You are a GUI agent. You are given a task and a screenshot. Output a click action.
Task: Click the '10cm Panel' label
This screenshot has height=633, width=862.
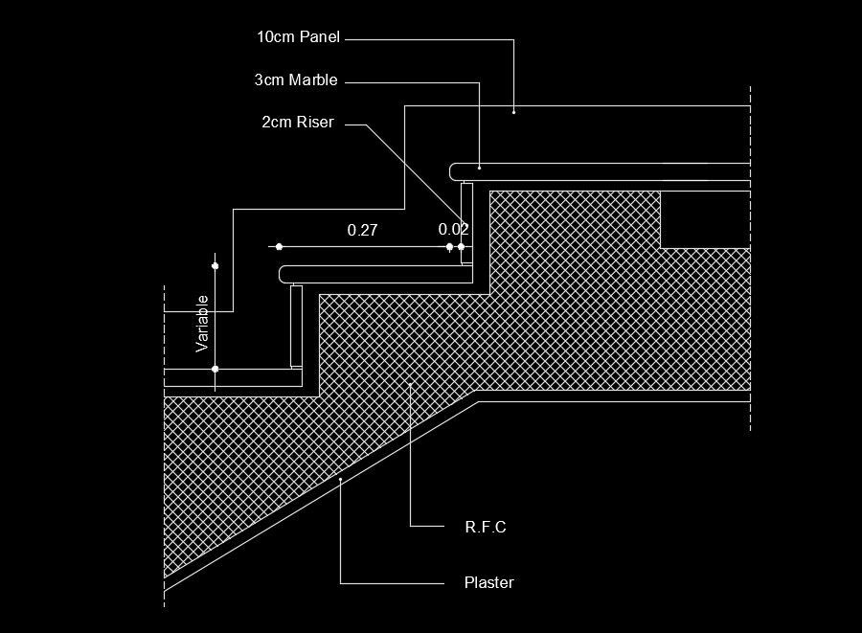click(298, 37)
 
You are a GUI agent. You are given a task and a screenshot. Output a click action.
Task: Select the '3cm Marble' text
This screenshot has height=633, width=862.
click(296, 80)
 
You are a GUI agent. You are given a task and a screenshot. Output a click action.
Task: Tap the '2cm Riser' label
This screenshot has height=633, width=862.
click(297, 123)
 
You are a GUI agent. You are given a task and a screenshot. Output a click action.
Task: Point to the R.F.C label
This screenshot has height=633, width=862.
click(485, 527)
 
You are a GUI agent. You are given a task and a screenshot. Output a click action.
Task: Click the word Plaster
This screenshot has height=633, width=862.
click(488, 582)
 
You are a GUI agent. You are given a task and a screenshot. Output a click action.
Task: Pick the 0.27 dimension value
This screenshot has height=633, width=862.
click(363, 230)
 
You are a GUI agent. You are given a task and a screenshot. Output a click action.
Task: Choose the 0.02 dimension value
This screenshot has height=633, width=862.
click(453, 230)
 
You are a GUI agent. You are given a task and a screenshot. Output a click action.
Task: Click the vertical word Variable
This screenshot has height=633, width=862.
click(202, 324)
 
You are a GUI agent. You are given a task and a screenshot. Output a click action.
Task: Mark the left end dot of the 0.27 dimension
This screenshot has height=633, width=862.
click(279, 247)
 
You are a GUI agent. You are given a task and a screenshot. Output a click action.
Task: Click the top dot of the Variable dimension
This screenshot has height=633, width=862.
click(215, 265)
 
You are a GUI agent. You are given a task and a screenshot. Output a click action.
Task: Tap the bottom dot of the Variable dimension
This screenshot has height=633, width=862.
click(215, 369)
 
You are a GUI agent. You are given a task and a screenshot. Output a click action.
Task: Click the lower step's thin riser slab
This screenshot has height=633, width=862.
click(296, 326)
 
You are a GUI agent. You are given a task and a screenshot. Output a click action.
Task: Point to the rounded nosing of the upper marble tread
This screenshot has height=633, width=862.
click(454, 171)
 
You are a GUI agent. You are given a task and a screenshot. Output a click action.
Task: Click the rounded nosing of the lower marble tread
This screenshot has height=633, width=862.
click(284, 274)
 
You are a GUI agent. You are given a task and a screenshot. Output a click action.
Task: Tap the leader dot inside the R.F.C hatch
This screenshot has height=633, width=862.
click(410, 384)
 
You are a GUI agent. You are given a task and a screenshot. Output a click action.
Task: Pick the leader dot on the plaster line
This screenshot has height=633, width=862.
click(341, 480)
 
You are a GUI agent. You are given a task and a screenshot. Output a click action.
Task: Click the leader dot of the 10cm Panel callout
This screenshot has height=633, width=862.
click(514, 112)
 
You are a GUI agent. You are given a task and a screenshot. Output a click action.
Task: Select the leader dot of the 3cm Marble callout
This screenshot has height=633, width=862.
click(479, 167)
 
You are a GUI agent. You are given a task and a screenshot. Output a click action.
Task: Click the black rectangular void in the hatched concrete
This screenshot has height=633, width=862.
click(705, 219)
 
